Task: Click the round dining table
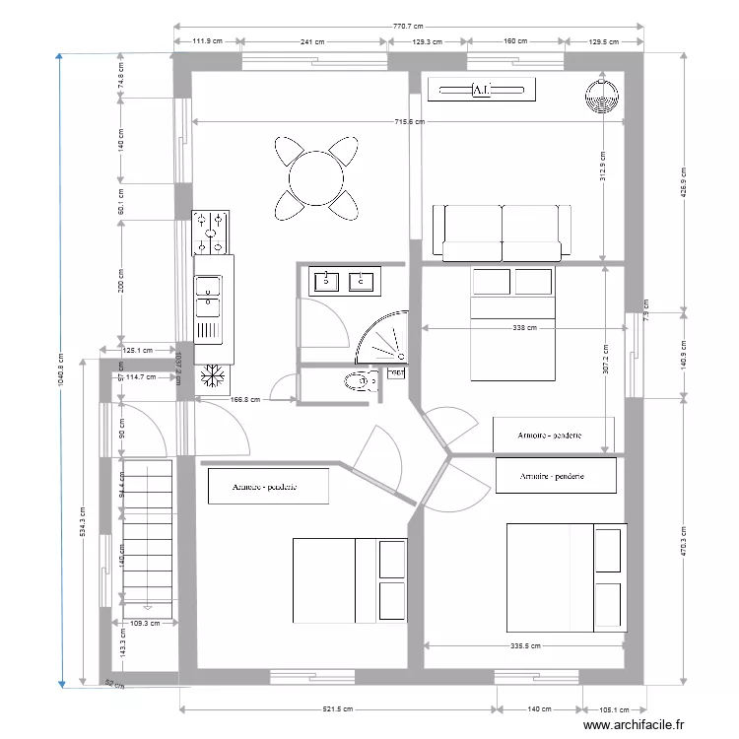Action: (x=315, y=177)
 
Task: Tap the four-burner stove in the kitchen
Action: (x=212, y=232)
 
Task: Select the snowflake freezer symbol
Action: (x=212, y=377)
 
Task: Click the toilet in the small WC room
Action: (x=358, y=380)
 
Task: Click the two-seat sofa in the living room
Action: (x=502, y=232)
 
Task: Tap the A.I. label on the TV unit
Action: (x=483, y=91)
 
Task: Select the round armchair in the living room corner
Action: (x=599, y=97)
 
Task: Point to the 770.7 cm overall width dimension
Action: (x=407, y=27)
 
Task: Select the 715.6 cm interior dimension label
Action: (x=408, y=122)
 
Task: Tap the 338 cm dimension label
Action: (x=524, y=327)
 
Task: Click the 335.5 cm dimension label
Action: (x=524, y=646)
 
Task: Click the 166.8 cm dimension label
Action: (x=244, y=400)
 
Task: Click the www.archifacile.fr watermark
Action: (x=633, y=725)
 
